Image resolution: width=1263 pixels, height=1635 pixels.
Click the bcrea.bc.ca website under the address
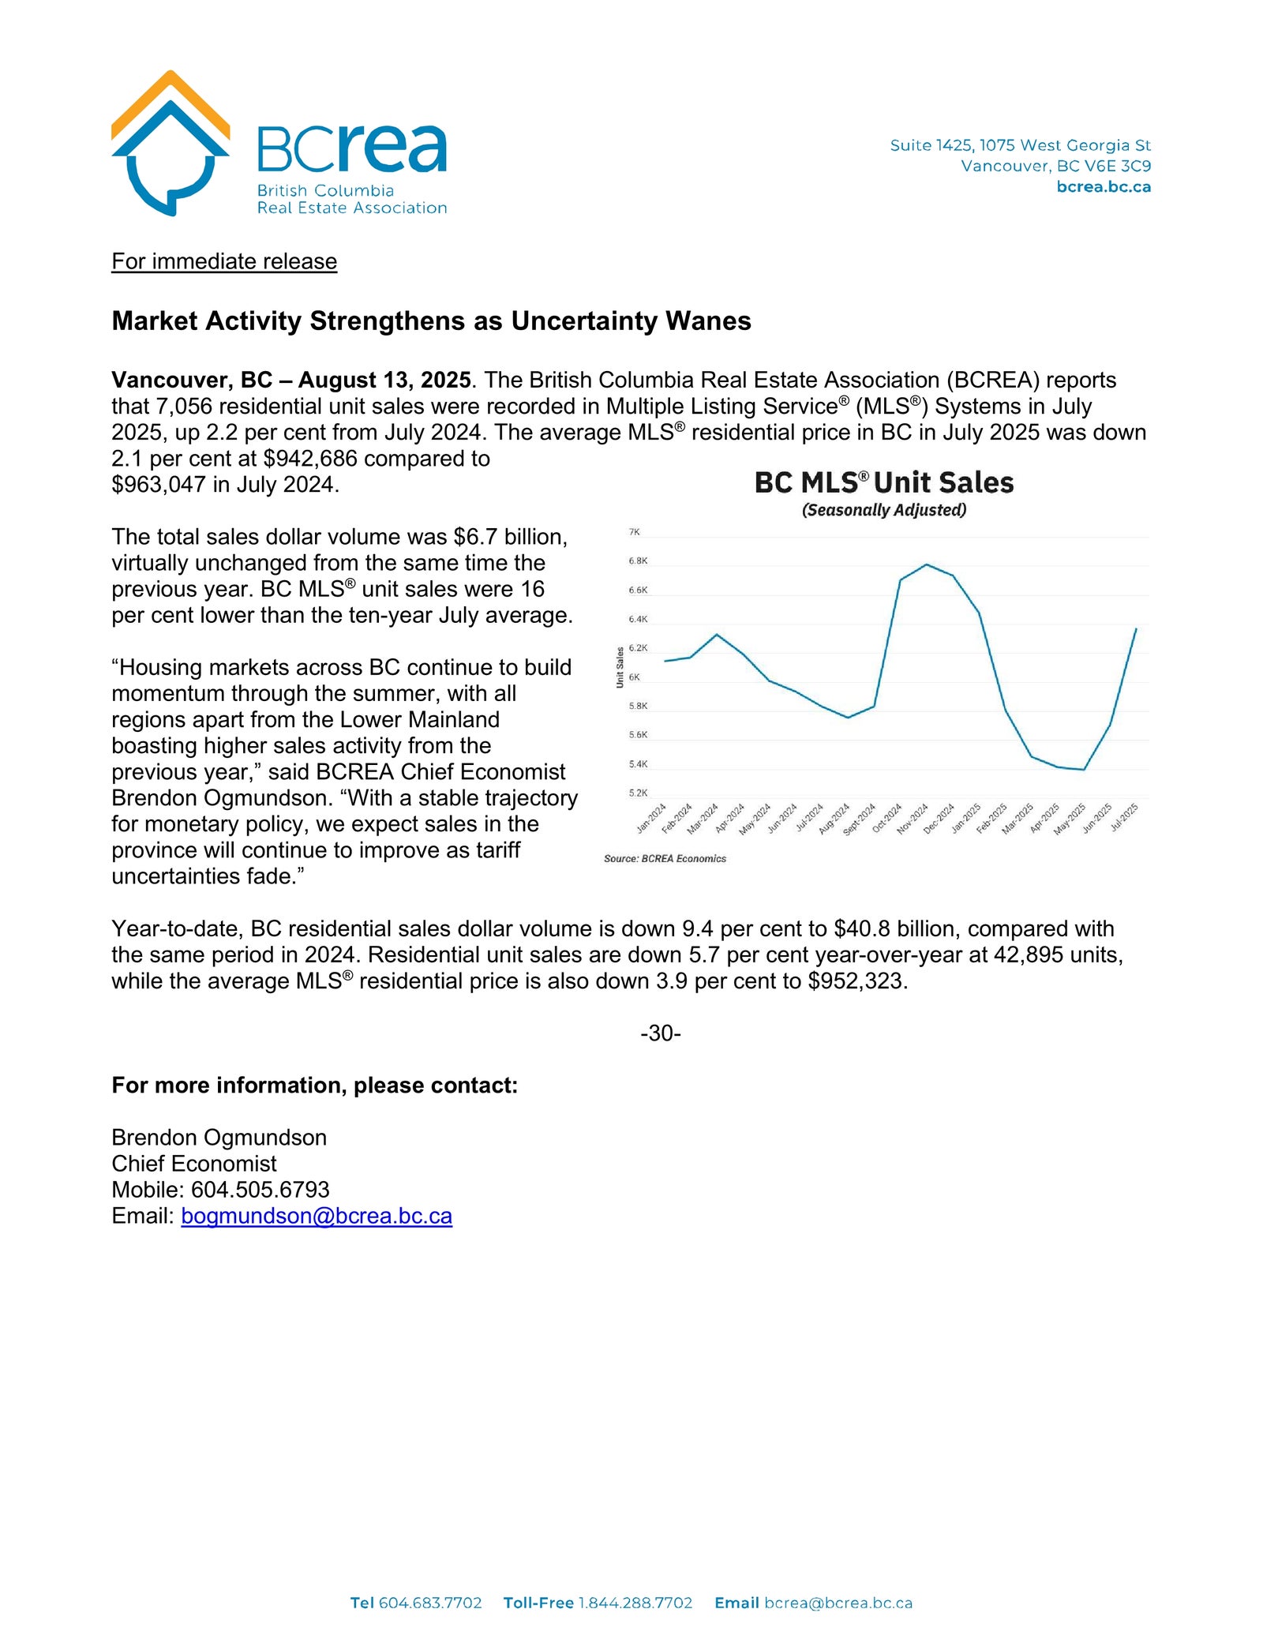click(1103, 187)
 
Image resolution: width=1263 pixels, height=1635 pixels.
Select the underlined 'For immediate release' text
click(224, 261)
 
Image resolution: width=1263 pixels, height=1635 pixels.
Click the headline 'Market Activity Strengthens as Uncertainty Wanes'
click(431, 321)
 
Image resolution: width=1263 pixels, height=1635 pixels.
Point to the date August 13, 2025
click(384, 380)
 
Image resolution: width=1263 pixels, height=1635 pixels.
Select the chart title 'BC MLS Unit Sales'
click(883, 482)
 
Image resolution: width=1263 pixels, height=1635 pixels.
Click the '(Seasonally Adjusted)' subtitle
click(883, 510)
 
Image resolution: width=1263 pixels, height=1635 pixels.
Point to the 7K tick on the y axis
click(634, 533)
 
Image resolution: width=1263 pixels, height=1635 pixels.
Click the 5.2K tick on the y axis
click(638, 793)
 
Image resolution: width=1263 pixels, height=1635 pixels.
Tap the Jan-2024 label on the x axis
click(652, 819)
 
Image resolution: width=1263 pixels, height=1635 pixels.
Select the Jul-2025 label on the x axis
click(1124, 818)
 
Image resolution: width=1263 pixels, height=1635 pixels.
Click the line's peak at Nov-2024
click(926, 564)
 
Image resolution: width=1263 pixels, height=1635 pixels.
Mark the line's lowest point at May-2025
click(1084, 770)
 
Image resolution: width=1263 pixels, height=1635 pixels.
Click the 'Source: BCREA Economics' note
click(665, 859)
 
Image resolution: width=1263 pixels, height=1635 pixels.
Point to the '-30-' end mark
click(660, 1033)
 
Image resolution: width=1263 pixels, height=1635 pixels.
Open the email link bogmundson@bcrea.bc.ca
click(317, 1216)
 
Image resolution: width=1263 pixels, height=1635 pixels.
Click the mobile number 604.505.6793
click(260, 1190)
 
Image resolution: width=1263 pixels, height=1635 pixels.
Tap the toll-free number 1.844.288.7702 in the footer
click(635, 1603)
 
